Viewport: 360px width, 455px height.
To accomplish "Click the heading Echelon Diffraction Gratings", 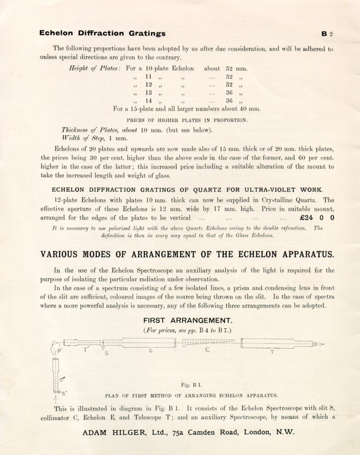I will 103,34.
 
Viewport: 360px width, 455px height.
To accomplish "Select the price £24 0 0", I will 316,217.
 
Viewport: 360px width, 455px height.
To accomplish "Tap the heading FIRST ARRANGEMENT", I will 180,320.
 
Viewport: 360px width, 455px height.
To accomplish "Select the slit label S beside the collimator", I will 107,353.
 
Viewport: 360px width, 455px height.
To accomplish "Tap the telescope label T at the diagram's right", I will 272,352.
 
